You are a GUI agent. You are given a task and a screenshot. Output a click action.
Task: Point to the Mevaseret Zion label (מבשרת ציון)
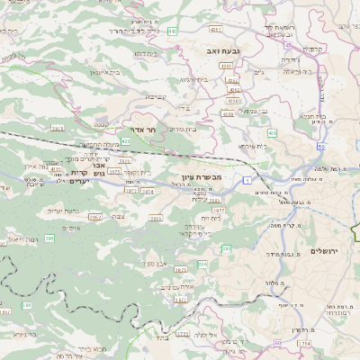[x=199, y=177]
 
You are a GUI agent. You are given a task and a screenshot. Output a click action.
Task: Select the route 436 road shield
[x=272, y=132]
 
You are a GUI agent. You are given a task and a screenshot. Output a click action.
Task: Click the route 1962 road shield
[x=95, y=217]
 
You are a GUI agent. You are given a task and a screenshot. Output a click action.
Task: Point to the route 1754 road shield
[x=303, y=343]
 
